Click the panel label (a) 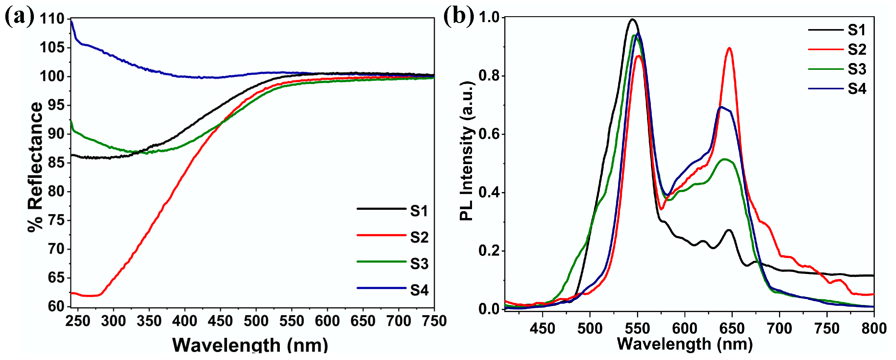19,16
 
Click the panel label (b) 458,16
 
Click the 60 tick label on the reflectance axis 56,306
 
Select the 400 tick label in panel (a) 185,321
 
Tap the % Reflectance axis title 35,167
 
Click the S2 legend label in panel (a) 419,237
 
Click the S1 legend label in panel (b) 856,31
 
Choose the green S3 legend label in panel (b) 856,70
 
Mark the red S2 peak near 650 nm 730,48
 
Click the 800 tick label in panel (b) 873,328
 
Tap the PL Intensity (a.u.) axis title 467,151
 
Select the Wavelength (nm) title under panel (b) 684,344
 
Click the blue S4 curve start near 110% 72,22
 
